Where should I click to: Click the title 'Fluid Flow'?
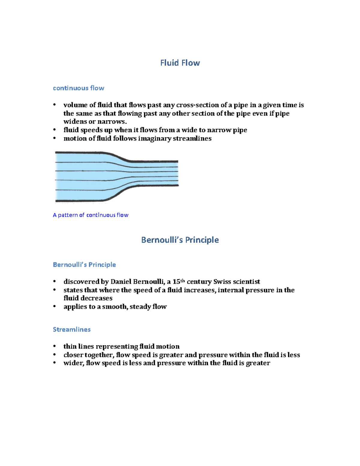(x=180, y=63)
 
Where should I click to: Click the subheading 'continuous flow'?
(x=79, y=88)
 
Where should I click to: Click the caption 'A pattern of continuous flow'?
(x=91, y=215)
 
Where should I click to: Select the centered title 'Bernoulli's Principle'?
(x=180, y=240)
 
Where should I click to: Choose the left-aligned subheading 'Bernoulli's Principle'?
(x=84, y=265)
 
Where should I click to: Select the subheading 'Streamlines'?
(x=72, y=329)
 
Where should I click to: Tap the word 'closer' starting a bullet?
(x=73, y=355)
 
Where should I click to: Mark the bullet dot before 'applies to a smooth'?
(x=55, y=306)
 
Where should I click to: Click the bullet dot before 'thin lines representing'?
(x=55, y=346)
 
